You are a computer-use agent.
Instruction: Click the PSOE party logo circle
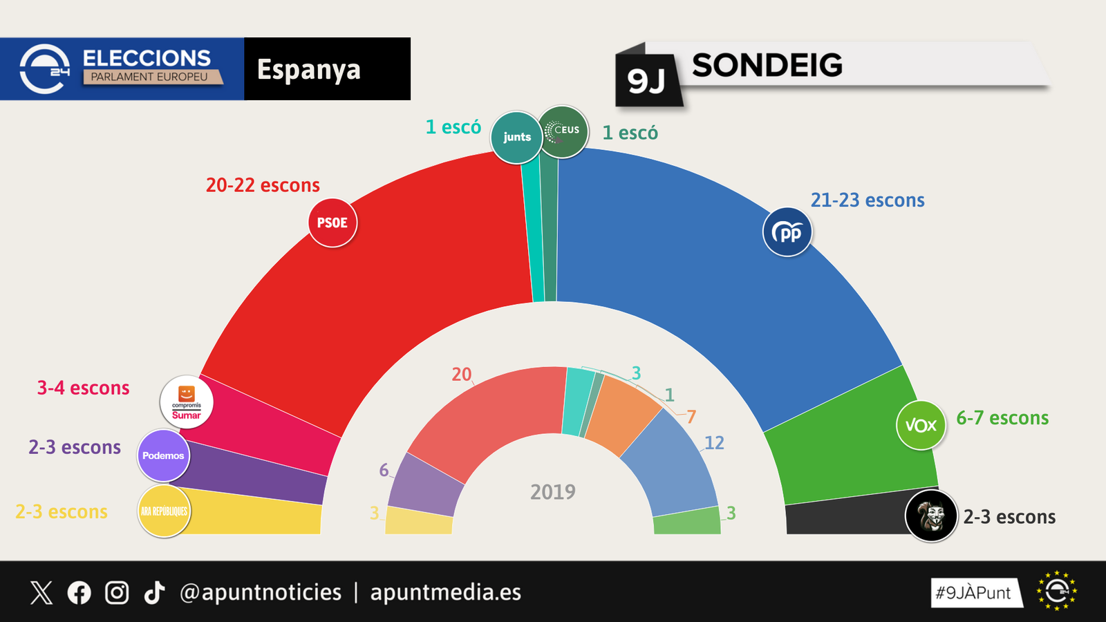(x=332, y=223)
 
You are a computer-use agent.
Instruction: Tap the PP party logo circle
(x=787, y=232)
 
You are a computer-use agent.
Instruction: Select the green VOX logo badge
(x=921, y=425)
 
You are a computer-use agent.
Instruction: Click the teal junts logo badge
(x=516, y=137)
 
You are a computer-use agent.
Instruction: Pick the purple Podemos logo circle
(x=163, y=455)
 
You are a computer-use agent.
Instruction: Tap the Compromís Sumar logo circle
(x=187, y=402)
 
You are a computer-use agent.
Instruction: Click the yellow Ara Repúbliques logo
(x=164, y=511)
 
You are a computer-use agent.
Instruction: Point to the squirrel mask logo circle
(x=931, y=516)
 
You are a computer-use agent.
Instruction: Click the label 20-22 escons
(x=263, y=185)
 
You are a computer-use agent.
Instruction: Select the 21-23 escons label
(x=868, y=200)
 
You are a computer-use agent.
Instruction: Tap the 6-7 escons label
(x=1002, y=418)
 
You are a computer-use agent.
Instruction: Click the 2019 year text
(x=552, y=492)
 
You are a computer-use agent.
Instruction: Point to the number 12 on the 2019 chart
(x=714, y=443)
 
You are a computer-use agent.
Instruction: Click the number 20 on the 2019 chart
(x=461, y=375)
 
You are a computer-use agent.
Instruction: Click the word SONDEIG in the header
(x=767, y=66)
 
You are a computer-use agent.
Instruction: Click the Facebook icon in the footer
(x=79, y=592)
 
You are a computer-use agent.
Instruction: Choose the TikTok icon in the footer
(x=154, y=592)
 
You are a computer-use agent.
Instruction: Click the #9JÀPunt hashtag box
(x=975, y=593)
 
